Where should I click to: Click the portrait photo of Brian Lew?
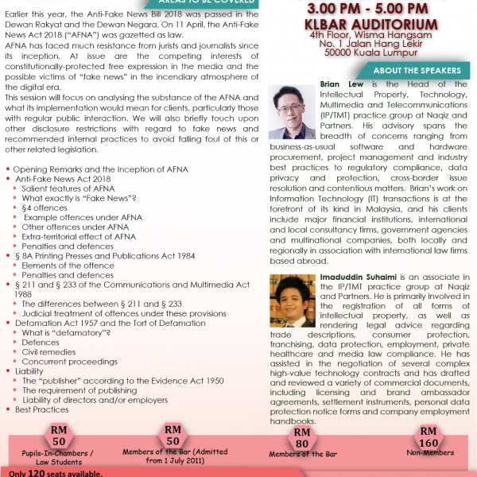[x=293, y=111]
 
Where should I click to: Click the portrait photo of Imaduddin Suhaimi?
[x=292, y=300]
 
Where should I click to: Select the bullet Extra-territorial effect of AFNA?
[x=79, y=237]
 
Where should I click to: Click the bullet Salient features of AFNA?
[x=68, y=188]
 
